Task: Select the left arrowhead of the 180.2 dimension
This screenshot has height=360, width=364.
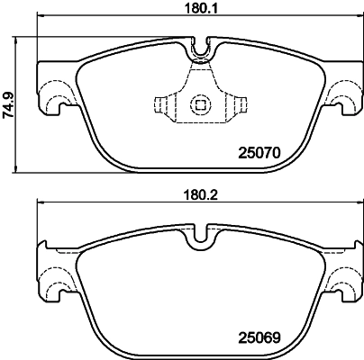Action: [39, 207]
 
